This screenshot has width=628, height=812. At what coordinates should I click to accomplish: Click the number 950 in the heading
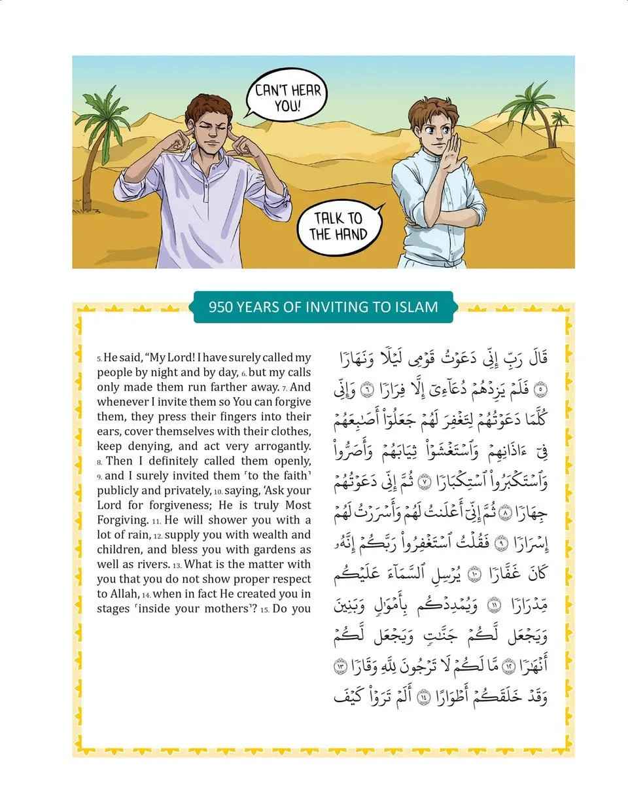(x=221, y=306)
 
